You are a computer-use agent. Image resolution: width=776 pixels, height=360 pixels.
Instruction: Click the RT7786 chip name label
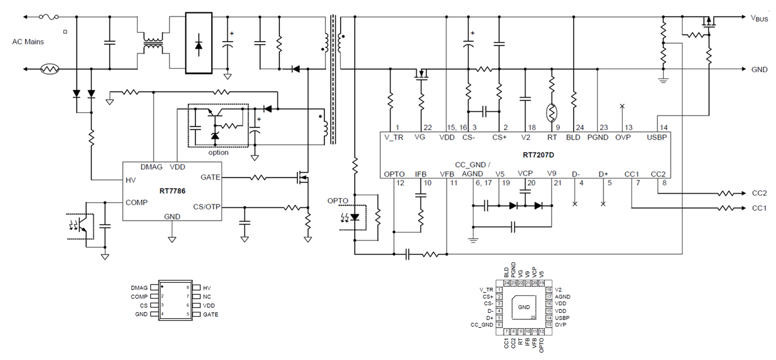point(171,191)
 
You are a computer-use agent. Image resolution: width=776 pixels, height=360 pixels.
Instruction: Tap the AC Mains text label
point(28,42)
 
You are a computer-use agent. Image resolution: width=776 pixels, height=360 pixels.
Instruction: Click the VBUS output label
point(759,18)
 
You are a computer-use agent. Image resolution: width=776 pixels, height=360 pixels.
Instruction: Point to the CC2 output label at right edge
point(759,193)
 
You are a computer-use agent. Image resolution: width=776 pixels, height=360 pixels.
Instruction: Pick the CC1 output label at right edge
point(759,208)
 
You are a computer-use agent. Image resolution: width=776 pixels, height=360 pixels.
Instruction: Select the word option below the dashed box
point(218,153)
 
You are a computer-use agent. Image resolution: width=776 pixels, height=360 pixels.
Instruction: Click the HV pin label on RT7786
point(131,179)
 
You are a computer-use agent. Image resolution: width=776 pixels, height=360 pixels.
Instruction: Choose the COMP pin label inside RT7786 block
point(136,202)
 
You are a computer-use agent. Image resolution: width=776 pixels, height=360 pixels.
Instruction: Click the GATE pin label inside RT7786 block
point(211,177)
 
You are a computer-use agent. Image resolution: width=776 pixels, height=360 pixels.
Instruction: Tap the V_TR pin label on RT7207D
point(394,138)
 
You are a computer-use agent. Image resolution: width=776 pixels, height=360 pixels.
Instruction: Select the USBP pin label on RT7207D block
point(656,138)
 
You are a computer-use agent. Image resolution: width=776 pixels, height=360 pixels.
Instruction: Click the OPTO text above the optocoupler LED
point(337,200)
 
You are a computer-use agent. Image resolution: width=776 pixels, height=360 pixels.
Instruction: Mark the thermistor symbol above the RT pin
point(552,113)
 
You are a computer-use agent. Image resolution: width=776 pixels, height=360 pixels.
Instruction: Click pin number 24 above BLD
point(573,127)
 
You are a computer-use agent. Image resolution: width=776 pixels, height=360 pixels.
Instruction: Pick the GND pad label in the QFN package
point(523,307)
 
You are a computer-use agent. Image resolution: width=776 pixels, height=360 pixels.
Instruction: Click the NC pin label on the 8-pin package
point(206,297)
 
